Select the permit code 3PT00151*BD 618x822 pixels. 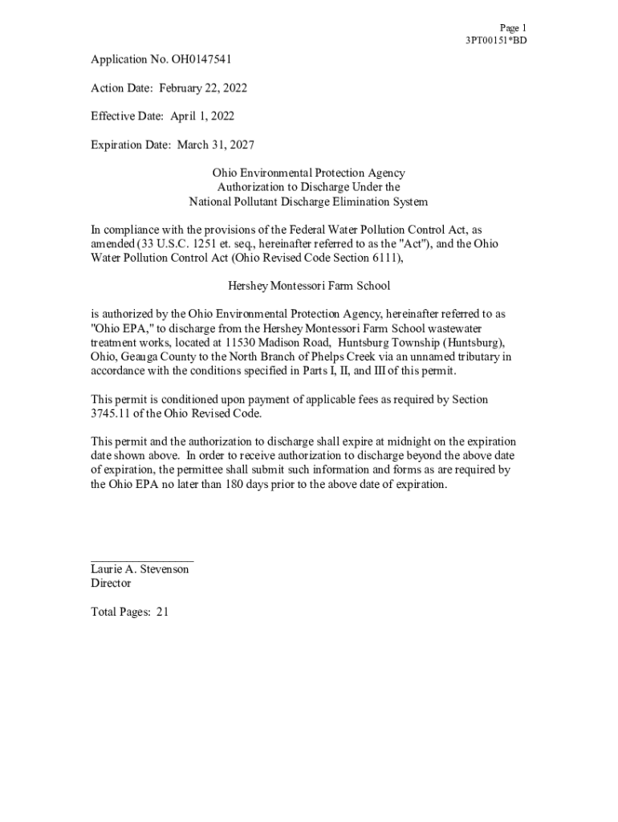coord(496,40)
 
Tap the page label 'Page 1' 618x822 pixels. coord(513,27)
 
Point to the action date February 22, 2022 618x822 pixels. coord(197,87)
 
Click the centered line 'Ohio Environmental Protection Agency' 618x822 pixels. coord(308,173)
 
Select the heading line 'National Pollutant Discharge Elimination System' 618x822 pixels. coord(308,201)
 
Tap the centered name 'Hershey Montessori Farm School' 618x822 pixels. coord(309,286)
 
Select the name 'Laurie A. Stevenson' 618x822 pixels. coord(140,569)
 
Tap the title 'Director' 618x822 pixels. coord(111,584)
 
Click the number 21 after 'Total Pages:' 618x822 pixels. coord(163,612)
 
